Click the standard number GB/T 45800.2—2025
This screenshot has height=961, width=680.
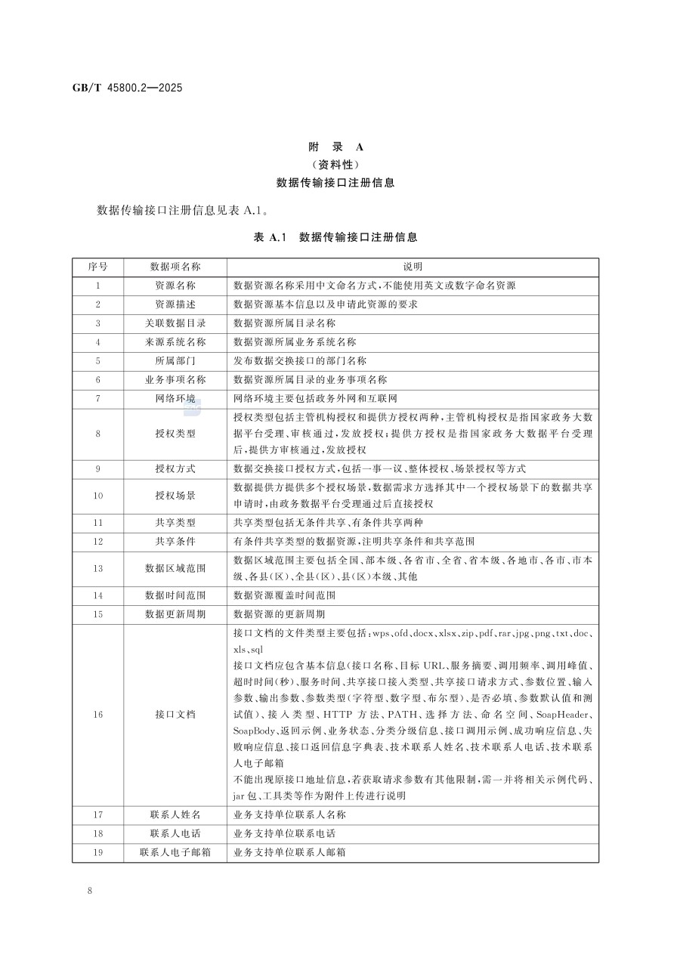point(117,88)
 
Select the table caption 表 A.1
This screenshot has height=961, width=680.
point(272,237)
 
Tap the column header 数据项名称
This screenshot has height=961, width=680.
point(175,267)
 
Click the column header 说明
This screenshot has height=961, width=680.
point(413,267)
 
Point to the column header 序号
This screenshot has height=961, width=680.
point(98,267)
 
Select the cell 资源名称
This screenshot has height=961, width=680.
point(175,286)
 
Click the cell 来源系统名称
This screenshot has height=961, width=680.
point(175,342)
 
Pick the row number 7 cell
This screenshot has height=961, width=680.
point(98,398)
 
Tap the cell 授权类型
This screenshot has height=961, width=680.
point(175,434)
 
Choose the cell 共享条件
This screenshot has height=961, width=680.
point(175,541)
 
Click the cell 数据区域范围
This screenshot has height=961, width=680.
point(175,568)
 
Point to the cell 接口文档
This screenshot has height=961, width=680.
point(175,714)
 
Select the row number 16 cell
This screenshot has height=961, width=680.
point(98,714)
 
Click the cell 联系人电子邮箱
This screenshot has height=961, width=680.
point(175,852)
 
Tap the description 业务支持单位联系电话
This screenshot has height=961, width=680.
point(285,833)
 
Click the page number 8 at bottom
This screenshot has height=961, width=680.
point(90,891)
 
